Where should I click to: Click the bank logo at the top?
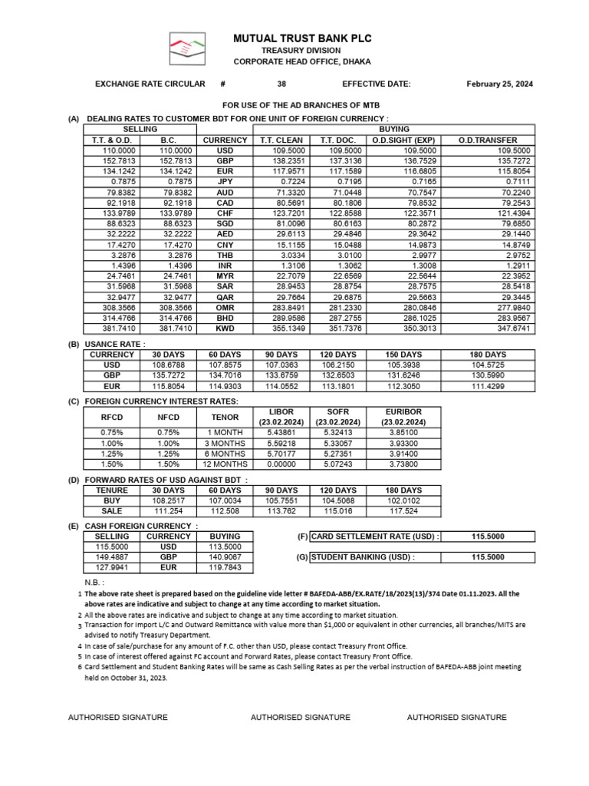tap(187, 49)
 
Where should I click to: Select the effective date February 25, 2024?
tap(500, 84)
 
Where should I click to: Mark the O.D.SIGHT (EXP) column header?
tap(403, 140)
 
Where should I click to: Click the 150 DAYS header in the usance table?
tap(403, 355)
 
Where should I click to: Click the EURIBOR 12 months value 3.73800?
tap(404, 464)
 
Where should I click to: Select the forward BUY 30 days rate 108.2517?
tap(168, 500)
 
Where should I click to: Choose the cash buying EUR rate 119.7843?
tap(225, 568)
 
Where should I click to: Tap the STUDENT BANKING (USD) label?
tap(364, 557)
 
